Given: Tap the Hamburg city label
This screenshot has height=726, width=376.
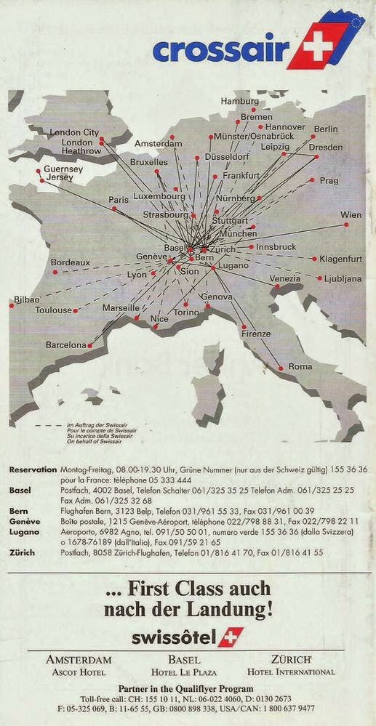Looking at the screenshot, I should coord(239,101).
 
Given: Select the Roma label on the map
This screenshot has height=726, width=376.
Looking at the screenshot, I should coord(300,367).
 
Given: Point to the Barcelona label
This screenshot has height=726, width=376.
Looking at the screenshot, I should coord(66,344).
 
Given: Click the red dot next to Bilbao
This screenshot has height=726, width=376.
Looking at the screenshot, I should coord(12,305).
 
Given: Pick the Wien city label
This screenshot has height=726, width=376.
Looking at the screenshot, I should coord(351,215).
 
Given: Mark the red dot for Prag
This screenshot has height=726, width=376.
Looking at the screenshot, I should coord(312,180).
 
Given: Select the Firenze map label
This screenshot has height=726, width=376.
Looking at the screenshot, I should coord(255,334).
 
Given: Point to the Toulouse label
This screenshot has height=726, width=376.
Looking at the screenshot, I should coord(54,310).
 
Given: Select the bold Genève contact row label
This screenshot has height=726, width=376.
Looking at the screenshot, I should coord(24,522).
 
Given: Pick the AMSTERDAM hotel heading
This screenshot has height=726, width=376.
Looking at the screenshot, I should coord(79,660).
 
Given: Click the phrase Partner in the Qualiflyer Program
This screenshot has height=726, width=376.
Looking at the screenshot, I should coord(188,687).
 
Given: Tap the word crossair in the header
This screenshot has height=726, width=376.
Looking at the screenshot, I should coord(216,50).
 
